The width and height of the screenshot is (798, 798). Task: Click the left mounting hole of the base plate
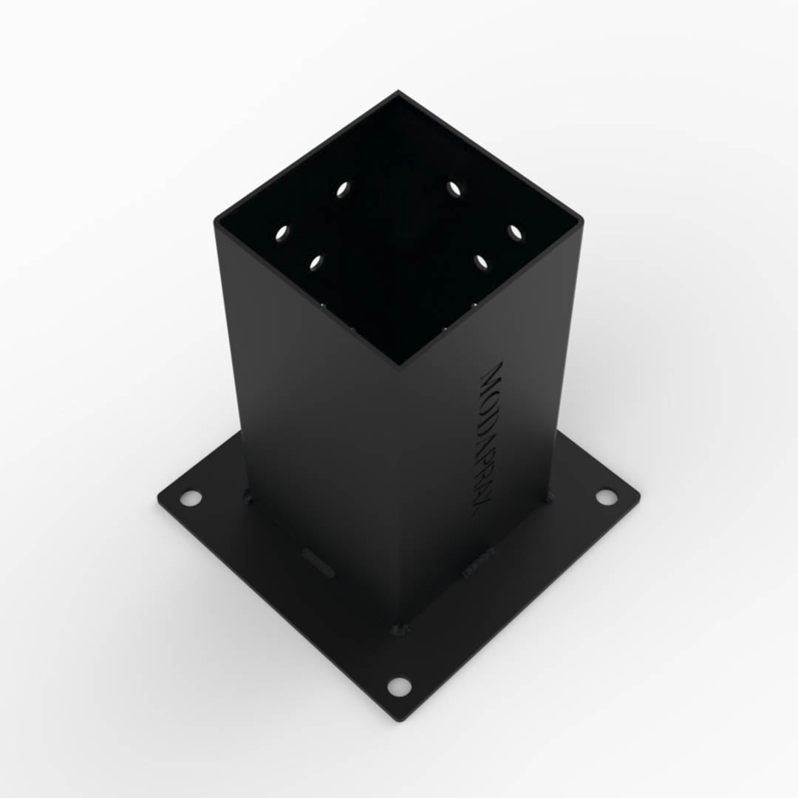pos(191,498)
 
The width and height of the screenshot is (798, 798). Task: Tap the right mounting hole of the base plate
pos(606,497)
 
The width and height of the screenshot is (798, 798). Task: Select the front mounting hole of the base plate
pos(399,686)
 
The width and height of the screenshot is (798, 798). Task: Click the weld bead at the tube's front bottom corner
pos(400,630)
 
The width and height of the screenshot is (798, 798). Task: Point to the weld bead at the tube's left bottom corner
pos(247,497)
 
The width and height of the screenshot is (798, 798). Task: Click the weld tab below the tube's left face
pos(318,563)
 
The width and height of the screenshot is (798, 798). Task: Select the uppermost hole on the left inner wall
pos(343,189)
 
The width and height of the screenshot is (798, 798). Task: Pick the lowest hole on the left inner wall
pos(317,262)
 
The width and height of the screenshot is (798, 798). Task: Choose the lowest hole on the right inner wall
pos(481,262)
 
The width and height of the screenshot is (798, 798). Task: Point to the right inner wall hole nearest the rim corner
pos(515,233)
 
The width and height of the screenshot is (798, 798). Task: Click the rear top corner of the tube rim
pos(398,92)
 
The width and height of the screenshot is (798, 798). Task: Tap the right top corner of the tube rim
pos(582,220)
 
